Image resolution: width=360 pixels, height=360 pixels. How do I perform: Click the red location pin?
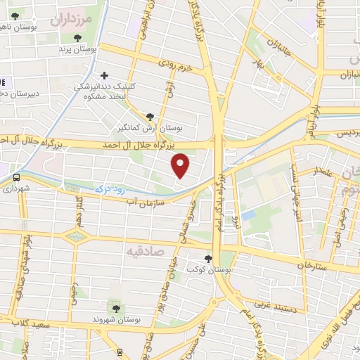(x=181, y=165)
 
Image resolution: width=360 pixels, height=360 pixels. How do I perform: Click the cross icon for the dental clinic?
(x=105, y=75)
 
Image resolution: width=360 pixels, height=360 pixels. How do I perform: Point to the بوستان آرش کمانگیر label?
(x=149, y=129)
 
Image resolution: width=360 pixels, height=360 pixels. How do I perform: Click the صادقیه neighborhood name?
(x=145, y=250)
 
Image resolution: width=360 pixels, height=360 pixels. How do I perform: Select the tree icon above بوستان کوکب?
(x=207, y=258)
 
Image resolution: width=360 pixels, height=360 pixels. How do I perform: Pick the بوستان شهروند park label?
(x=117, y=320)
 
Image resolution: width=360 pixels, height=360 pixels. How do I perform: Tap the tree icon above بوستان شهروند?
(x=114, y=307)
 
